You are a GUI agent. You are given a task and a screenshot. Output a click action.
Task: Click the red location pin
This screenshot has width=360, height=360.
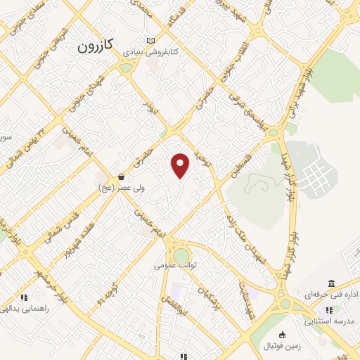point(181,165)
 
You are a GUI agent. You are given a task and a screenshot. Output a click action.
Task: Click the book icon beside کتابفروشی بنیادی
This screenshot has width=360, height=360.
point(150,41)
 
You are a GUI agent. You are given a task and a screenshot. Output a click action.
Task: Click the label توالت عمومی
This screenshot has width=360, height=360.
point(176,266)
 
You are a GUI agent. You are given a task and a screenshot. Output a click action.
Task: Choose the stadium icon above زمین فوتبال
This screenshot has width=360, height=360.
point(283,335)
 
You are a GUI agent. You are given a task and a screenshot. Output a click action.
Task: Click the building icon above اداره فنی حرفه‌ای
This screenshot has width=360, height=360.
point(331,283)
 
